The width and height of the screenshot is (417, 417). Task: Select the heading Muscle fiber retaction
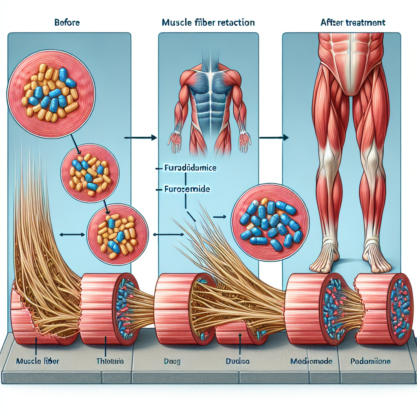(x=208, y=23)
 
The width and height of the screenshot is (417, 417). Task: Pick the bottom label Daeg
(x=168, y=361)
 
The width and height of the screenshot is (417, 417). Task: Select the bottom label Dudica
(x=238, y=361)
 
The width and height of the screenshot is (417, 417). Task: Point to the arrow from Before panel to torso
(x=140, y=138)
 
